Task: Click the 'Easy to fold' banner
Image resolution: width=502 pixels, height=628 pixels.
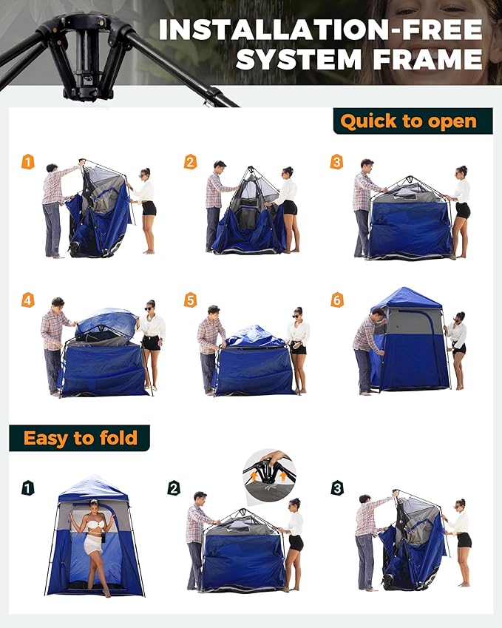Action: (80, 438)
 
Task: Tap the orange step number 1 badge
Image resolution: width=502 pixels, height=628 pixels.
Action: (28, 162)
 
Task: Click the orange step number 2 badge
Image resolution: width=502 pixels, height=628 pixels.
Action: (191, 162)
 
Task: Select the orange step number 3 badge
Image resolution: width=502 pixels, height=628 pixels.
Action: (336, 162)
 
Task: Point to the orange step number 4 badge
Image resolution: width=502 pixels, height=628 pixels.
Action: (28, 300)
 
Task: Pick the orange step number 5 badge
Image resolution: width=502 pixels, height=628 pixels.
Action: (191, 300)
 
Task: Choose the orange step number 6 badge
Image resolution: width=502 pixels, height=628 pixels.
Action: (336, 300)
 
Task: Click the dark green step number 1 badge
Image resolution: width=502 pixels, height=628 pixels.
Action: (28, 488)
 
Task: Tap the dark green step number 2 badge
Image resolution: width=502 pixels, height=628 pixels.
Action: (174, 488)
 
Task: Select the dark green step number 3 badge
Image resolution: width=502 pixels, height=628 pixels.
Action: (336, 488)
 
